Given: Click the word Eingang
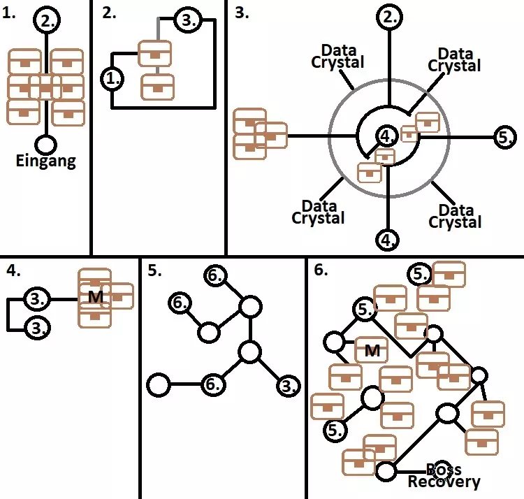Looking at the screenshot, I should point(45,161).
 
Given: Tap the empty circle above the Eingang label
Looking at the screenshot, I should point(46,145).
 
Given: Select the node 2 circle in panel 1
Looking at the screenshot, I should point(46,20).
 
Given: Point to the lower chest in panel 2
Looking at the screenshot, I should point(157,87).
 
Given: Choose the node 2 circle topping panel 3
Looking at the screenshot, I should point(388,19).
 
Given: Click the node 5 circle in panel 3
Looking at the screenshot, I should point(505,137).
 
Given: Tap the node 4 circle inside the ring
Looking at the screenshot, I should point(386,134).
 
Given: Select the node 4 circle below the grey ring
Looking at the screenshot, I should point(388,240).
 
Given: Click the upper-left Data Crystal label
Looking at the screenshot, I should point(337,56).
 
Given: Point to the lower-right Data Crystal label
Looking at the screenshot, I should point(455,216).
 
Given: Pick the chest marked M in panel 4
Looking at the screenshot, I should point(94,297).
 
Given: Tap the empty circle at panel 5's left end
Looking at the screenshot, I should point(159,384).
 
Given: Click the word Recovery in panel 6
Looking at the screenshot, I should point(444,482).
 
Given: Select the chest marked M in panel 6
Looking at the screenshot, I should point(372,350).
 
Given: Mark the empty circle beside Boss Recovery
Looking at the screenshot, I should point(386,471).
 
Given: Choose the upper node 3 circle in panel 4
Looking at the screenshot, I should point(36,298).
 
